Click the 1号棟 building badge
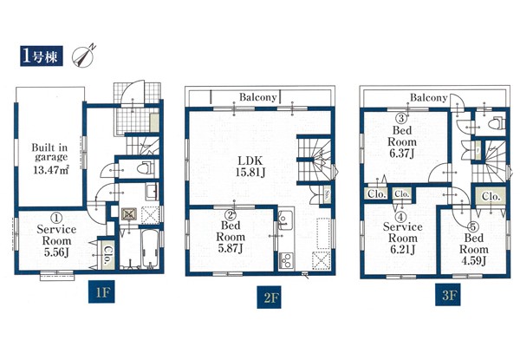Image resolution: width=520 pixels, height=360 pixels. (42, 56)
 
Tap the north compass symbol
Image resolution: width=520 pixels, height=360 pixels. (83, 56)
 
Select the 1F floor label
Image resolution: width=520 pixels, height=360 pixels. (101, 291)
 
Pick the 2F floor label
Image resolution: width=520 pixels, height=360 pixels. (269, 297)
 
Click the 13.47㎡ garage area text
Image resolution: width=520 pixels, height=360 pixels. (51, 170)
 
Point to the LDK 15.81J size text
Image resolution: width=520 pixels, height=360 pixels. (250, 173)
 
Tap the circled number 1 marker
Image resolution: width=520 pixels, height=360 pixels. (56, 218)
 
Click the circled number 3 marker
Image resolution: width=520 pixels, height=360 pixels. (401, 119)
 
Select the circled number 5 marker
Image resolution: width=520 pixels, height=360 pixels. (473, 227)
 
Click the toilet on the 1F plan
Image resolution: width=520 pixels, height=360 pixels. (146, 168)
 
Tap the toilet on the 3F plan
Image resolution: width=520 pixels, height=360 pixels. (497, 123)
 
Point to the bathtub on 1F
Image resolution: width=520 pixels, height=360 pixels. (150, 248)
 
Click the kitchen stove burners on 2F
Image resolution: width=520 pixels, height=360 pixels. (286, 259)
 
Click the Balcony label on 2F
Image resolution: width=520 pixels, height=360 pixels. (257, 97)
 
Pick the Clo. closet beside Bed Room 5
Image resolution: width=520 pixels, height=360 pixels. (491, 197)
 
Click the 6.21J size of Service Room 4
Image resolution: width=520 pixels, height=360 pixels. (402, 249)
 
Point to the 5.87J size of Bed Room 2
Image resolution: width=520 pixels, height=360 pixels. (231, 248)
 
